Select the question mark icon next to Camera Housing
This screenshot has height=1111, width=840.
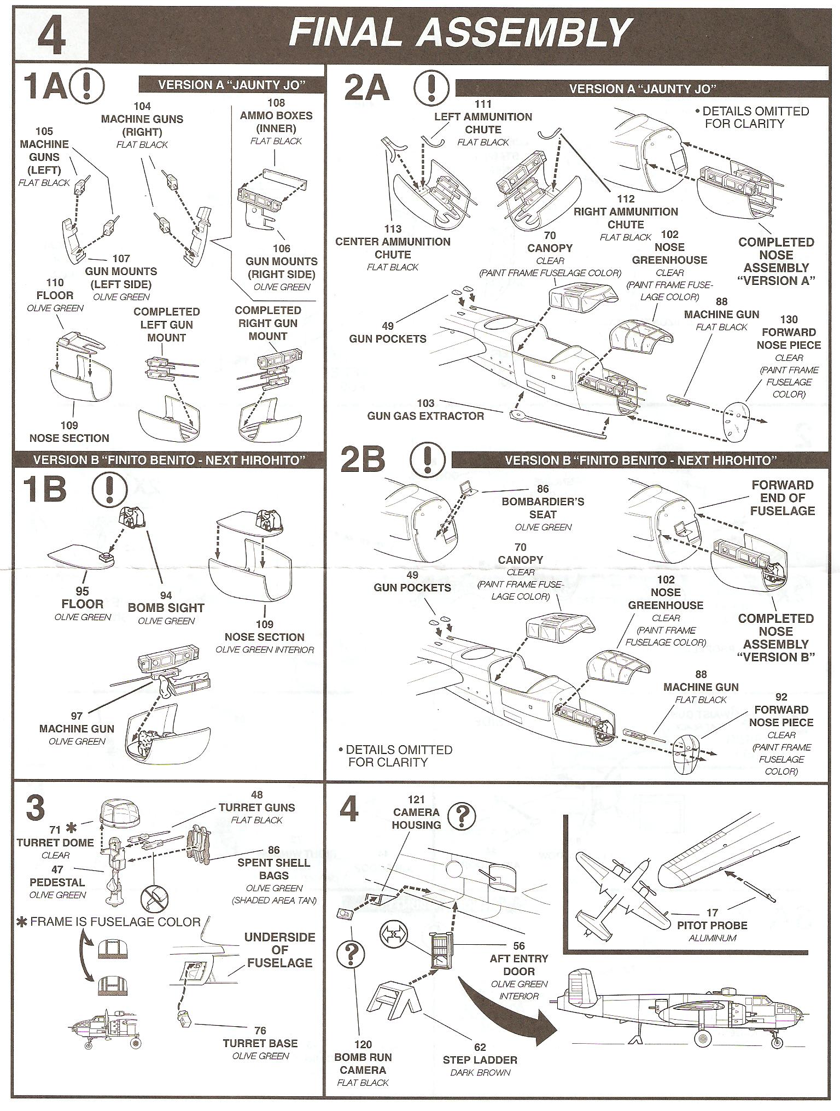462,816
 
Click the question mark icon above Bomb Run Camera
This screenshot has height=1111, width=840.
351,953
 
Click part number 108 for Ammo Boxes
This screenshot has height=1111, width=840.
276,103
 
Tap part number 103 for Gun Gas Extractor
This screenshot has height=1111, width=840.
425,403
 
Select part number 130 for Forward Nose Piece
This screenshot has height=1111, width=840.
789,319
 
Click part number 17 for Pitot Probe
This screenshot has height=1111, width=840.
712,913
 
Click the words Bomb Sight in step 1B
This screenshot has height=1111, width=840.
166,607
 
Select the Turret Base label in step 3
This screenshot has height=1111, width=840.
260,1043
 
